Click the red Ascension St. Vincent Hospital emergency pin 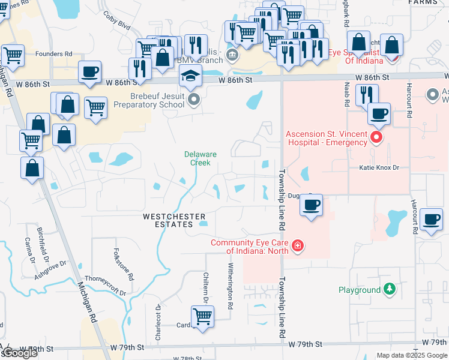(x=376, y=138)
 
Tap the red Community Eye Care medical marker (x=297, y=246)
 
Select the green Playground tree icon (x=390, y=290)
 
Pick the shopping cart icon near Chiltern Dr (x=203, y=316)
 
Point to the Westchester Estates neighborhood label (x=174, y=220)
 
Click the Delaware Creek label (x=200, y=158)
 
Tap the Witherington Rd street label (x=231, y=286)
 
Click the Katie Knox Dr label (x=379, y=168)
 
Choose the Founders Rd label (x=53, y=54)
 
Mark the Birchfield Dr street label (x=43, y=244)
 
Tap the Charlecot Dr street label (x=158, y=324)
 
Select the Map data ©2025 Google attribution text (x=412, y=355)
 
